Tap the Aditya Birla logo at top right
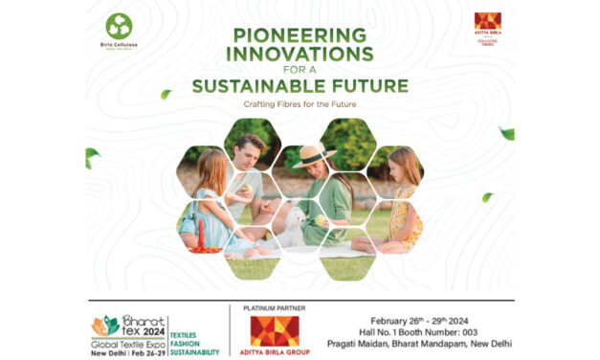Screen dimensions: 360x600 488,24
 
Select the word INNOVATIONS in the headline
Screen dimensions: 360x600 300,53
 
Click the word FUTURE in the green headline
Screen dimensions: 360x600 371,86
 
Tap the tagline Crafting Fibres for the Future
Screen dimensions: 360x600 300,103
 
